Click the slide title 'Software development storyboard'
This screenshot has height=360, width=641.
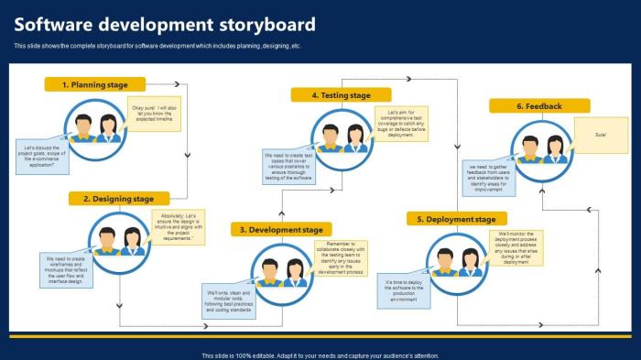pos(165,25)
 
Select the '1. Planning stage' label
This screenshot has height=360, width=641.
pos(95,84)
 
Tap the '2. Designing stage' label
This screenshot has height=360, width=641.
pos(118,198)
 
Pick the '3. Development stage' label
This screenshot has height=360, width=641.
pos(280,229)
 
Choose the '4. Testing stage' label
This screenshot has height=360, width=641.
pos(341,95)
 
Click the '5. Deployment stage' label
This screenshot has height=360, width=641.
pos(457,219)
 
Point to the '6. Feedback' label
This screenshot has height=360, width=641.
pos(538,106)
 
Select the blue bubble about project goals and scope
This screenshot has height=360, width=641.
pos(43,157)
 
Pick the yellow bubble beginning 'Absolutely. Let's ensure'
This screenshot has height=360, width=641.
pos(178,227)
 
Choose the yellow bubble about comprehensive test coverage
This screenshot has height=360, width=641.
pos(401,124)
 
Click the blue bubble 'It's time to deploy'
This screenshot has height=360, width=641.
pos(405,290)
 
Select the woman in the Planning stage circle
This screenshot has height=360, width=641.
pos(108,128)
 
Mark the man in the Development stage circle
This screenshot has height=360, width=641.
pos(270,272)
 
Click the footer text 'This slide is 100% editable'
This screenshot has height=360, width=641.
pos(320,355)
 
